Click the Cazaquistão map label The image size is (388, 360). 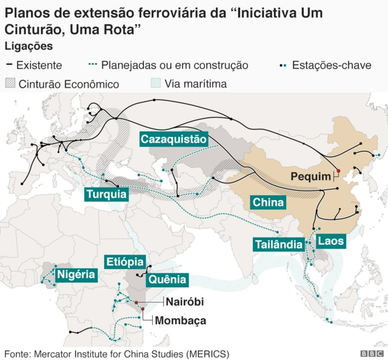click(174, 139)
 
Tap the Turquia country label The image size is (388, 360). click(107, 195)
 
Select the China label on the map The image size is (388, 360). click(268, 202)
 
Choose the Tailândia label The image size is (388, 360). click(278, 244)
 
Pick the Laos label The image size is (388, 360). click(330, 241)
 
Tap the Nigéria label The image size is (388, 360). click(76, 275)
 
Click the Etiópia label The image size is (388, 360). click(125, 262)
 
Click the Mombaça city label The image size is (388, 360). click(181, 320)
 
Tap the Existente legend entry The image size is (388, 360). click(39, 65)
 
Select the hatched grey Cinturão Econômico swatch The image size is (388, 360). click(11, 84)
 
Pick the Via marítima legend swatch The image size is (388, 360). click(156, 84)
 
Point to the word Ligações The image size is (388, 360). click(28, 46)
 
